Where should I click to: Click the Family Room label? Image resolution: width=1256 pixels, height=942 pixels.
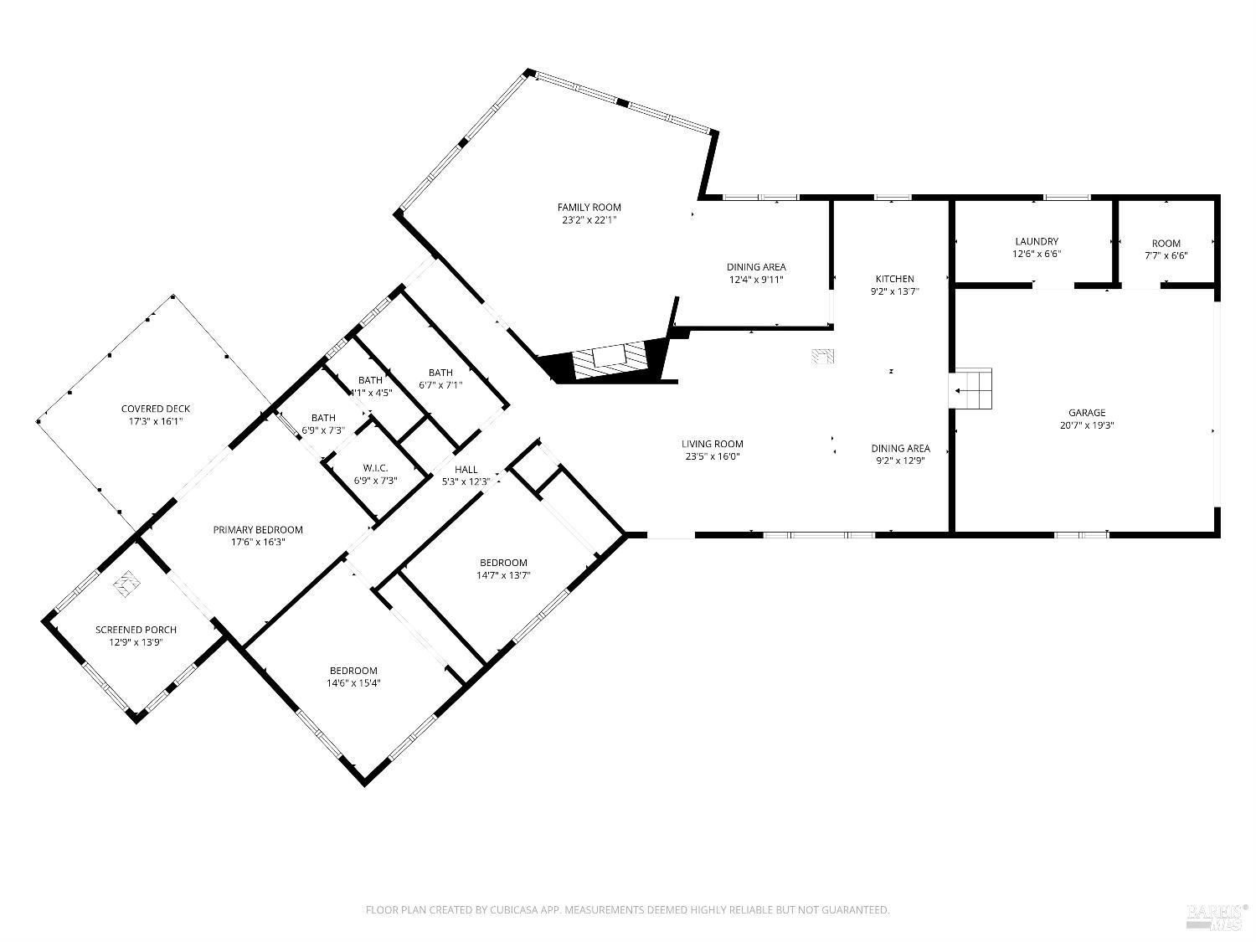[589, 208]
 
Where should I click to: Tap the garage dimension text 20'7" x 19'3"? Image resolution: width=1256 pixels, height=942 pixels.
[1086, 425]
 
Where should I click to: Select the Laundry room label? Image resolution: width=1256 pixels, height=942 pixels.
[1037, 241]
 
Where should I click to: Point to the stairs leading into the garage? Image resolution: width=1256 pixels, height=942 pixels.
[972, 389]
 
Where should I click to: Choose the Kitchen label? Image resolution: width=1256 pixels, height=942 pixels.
[894, 279]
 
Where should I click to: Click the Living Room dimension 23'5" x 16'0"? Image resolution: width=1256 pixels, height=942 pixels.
[712, 457]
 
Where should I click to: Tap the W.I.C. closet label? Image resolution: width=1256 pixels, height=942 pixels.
[374, 467]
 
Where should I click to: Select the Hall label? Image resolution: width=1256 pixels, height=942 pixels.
[466, 469]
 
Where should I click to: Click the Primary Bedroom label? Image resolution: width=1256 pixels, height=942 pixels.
[257, 529]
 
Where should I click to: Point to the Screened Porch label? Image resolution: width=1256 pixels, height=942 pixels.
[136, 630]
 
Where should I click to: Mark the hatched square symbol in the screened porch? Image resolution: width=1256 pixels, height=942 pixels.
[126, 583]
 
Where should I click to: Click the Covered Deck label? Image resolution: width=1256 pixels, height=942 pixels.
[155, 409]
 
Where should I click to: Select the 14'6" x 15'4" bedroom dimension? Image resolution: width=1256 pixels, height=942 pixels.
[353, 683]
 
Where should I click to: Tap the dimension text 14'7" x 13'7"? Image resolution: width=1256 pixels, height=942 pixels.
[503, 575]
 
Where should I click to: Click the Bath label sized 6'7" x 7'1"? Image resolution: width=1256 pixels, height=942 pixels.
[440, 373]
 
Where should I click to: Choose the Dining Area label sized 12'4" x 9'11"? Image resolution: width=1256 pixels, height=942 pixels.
[755, 267]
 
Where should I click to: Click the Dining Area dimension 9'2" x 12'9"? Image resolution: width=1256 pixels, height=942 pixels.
[900, 461]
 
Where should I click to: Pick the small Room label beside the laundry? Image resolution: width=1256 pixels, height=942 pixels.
[1166, 244]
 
